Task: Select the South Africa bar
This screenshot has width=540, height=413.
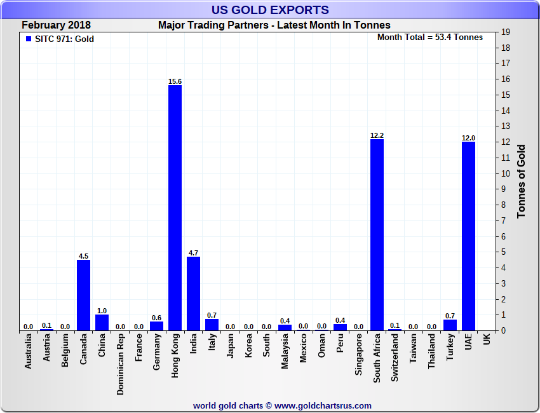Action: (x=377, y=234)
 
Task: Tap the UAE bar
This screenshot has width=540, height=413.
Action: (x=468, y=236)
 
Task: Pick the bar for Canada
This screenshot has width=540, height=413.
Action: (x=83, y=295)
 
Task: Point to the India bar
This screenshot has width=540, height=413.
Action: (x=193, y=294)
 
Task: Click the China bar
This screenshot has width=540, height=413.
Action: (x=102, y=322)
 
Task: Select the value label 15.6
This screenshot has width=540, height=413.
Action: (x=175, y=81)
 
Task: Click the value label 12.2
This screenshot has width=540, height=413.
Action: (x=377, y=135)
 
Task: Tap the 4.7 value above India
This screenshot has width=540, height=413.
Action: (x=193, y=253)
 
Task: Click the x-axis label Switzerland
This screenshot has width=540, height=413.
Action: (x=395, y=358)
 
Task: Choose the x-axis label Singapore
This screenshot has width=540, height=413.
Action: (x=358, y=356)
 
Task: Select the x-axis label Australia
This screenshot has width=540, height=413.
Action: (x=28, y=354)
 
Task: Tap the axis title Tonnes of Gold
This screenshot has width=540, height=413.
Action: (x=522, y=181)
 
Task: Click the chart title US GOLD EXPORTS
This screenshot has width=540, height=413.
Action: (x=270, y=10)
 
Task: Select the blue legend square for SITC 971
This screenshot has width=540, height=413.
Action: (x=28, y=39)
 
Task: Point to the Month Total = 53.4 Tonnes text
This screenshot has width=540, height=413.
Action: (x=430, y=37)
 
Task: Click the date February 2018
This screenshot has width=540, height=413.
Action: (x=56, y=25)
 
